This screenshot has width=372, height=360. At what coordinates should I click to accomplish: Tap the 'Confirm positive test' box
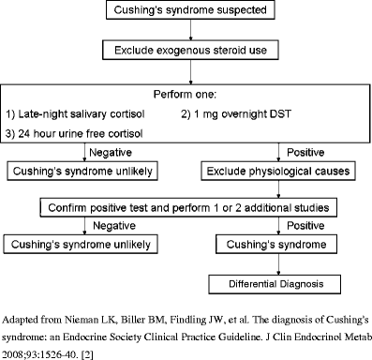coord(187,206)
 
